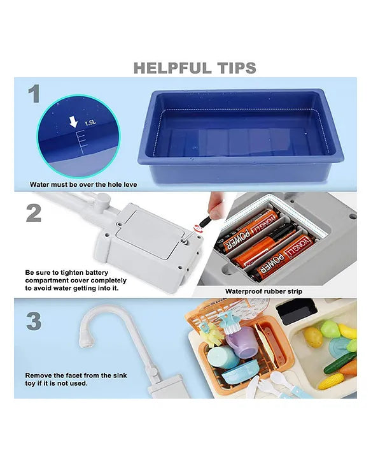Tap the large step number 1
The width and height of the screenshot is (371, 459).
coord(34,94)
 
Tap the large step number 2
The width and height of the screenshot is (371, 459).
coord(34,213)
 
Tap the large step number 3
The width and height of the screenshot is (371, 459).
coord(34,321)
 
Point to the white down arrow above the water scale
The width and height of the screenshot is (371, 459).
coord(73,121)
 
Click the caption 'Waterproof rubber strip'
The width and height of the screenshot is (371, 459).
coord(264,291)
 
